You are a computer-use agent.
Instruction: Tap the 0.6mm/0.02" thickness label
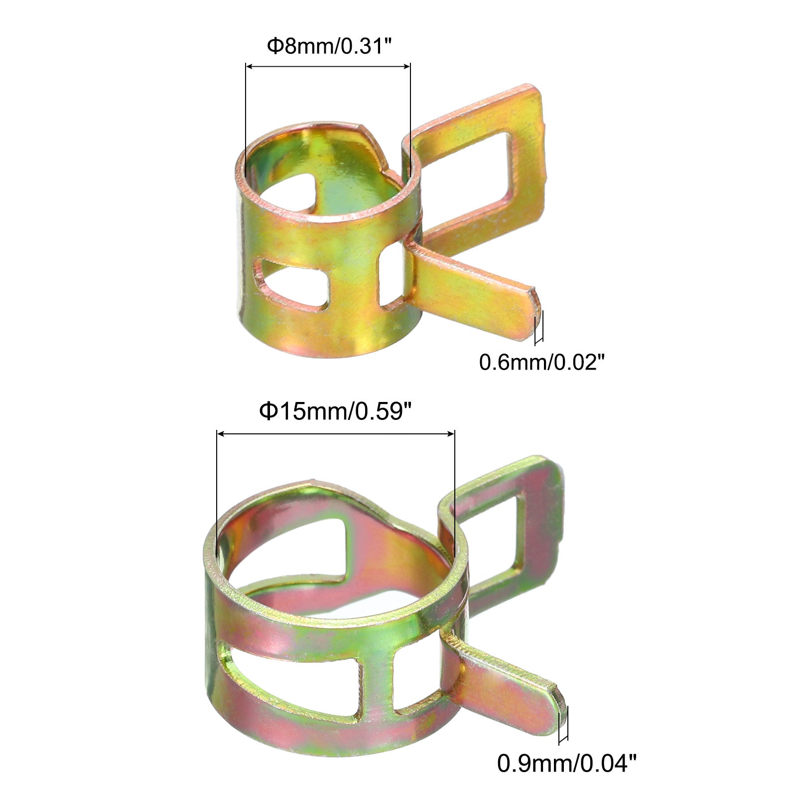coord(544,362)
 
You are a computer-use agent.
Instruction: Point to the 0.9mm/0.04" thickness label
coord(567,777)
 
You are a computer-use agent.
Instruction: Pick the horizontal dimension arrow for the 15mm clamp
coord(336,434)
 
